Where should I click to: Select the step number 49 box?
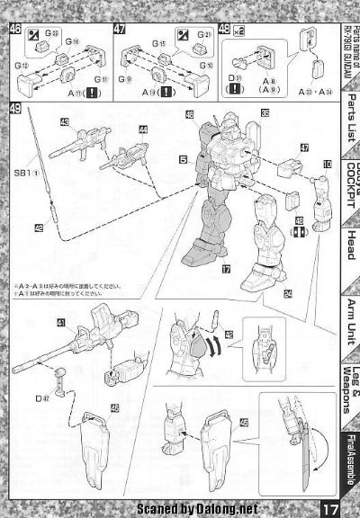tap(15, 110)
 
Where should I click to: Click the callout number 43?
tap(65, 121)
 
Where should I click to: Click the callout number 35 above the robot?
tap(265, 112)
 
